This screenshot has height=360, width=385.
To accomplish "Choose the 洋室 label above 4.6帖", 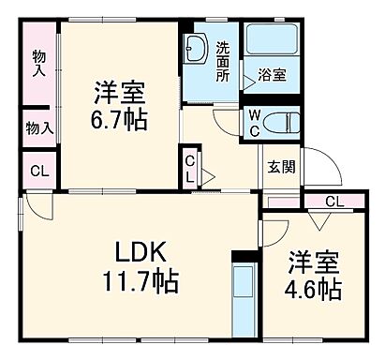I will point(314,260).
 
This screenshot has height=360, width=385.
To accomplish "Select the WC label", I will point(254,121).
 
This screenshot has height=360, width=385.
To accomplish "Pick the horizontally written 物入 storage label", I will point(38,127).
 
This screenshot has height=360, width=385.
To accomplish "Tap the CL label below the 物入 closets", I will point(37,171).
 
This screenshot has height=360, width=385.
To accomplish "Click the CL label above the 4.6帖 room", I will point(334,201).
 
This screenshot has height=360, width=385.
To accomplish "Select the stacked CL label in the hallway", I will point(190,169).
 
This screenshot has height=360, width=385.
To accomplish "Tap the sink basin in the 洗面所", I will point(197,46).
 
